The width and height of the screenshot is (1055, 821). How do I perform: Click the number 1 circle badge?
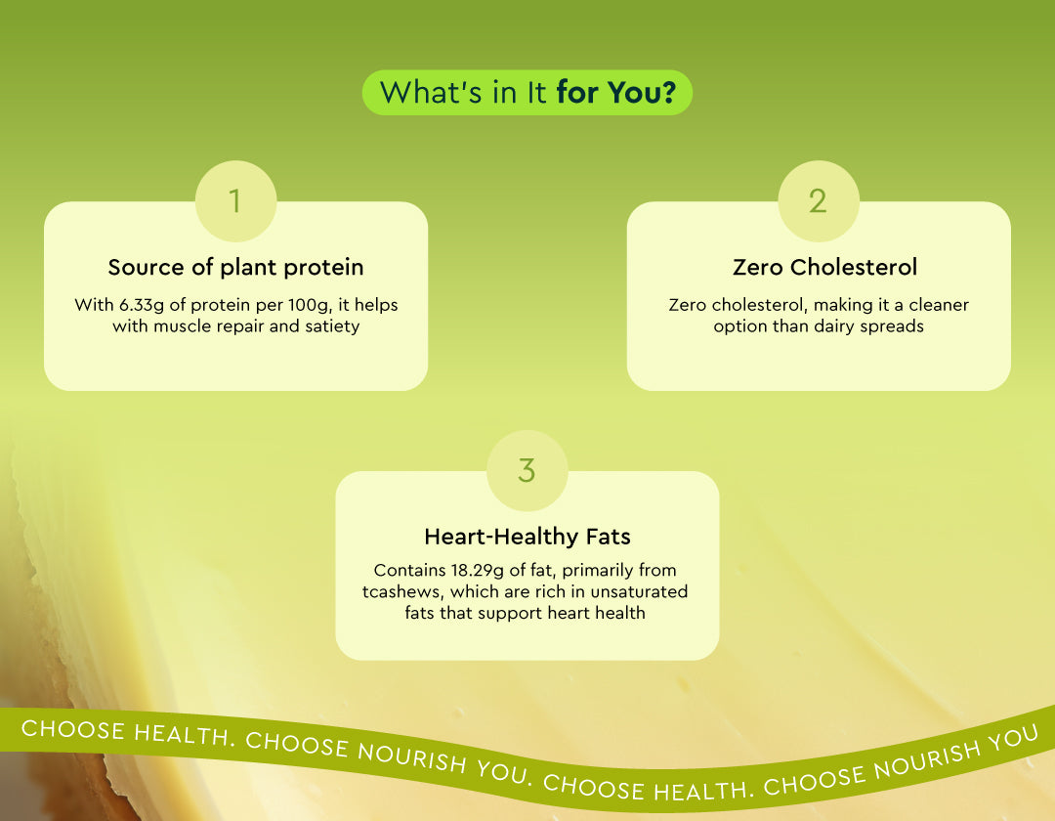coord(235,200)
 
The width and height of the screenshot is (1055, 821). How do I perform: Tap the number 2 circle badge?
coord(819,200)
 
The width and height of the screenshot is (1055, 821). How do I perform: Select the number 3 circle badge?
coord(527,470)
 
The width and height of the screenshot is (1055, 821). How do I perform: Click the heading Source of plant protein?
coord(235,267)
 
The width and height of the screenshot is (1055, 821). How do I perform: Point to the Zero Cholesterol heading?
coord(824,267)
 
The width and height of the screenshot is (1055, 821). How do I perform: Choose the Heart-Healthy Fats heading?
coord(527,537)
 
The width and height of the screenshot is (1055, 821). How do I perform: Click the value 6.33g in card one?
coord(142,306)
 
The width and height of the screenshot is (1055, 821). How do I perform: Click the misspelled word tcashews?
coord(402,592)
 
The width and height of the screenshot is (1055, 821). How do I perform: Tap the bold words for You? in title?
coord(615,93)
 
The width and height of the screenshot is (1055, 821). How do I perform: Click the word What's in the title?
coord(432,93)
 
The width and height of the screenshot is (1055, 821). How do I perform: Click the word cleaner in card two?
coord(939,305)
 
